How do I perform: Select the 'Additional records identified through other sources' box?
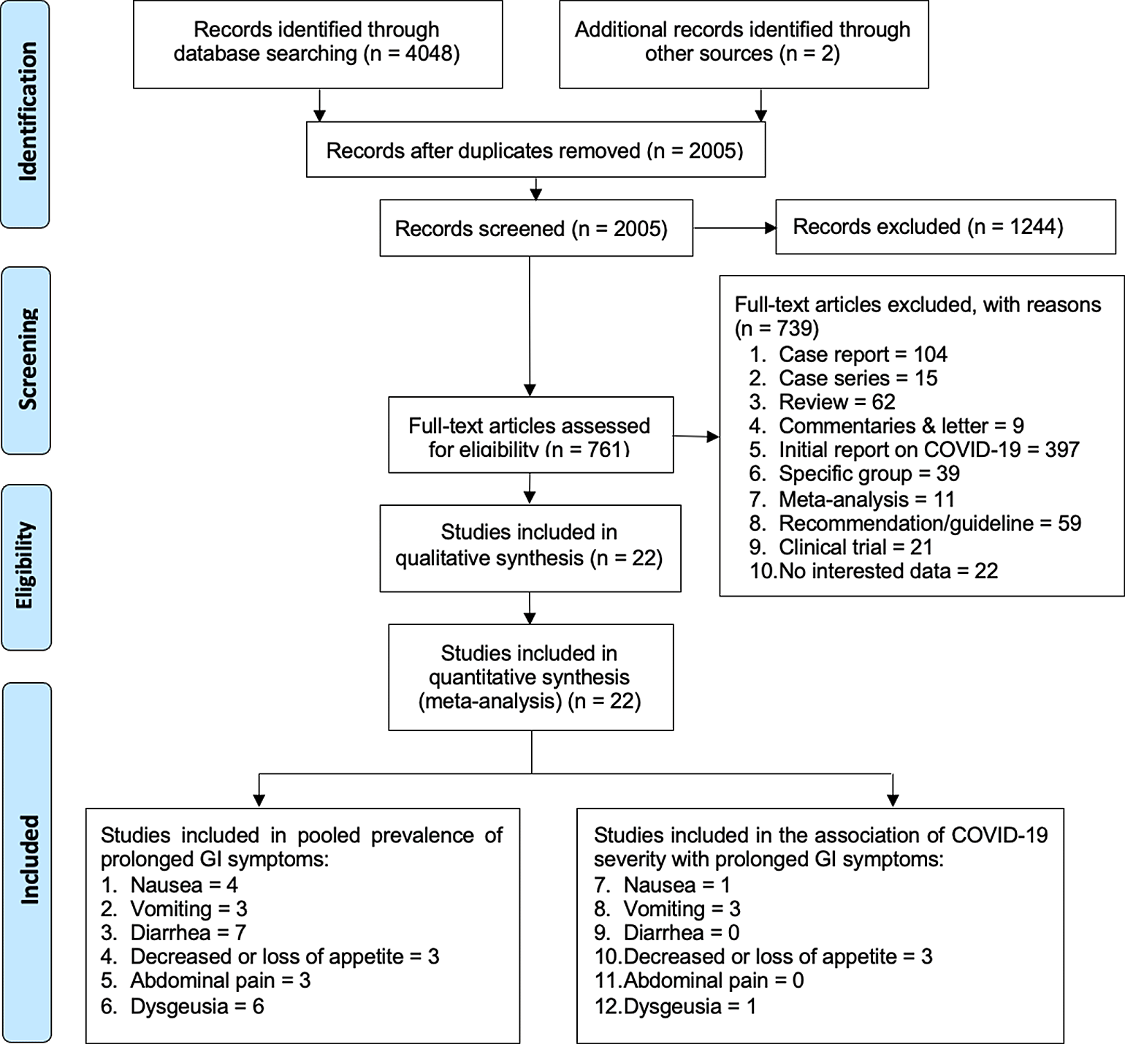click(x=744, y=45)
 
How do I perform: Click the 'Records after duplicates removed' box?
click(x=535, y=150)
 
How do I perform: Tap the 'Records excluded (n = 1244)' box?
click(x=945, y=227)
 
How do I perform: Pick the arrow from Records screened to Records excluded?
click(x=734, y=228)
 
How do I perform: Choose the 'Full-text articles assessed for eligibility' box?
click(x=530, y=435)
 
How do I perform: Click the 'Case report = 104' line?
click(x=848, y=354)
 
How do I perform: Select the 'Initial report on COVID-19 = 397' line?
click(x=914, y=449)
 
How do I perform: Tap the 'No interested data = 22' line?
click(x=874, y=570)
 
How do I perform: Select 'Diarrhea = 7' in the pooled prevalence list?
click(x=174, y=932)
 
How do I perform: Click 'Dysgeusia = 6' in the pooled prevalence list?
click(x=183, y=1006)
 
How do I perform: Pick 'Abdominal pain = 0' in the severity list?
click(x=699, y=980)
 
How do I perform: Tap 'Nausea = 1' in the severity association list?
click(x=663, y=885)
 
